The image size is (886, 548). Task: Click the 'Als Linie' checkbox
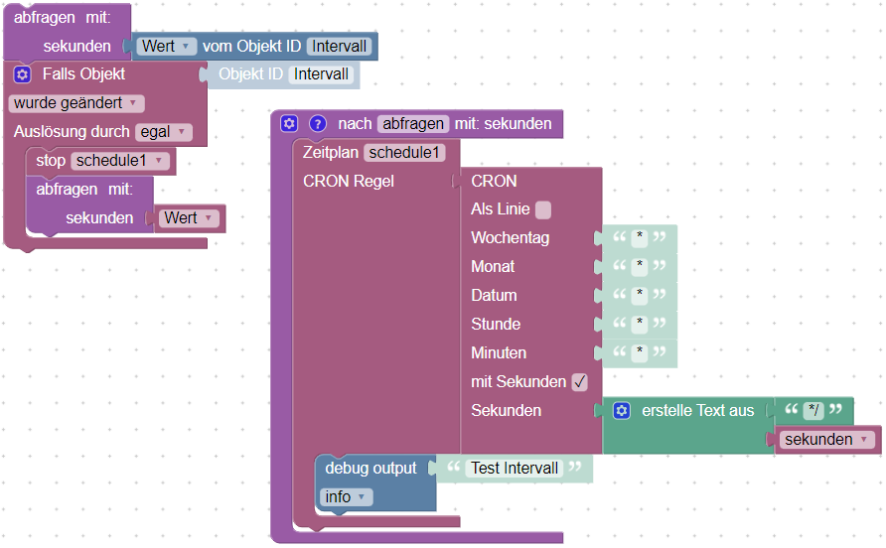tap(542, 209)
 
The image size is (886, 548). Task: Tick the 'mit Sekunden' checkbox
tap(580, 382)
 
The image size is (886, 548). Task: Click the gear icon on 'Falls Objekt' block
tap(23, 74)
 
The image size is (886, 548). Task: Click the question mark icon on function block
tap(318, 124)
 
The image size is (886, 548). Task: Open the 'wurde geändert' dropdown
tap(76, 103)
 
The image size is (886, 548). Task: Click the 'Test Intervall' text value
tap(514, 469)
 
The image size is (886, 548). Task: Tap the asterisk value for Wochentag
tap(641, 238)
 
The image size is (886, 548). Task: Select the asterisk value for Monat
tap(641, 267)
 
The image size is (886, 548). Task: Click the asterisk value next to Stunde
tap(641, 325)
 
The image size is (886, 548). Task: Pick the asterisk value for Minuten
tap(641, 353)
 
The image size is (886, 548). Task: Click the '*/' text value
tap(813, 411)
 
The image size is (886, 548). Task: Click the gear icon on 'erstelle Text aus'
tap(622, 411)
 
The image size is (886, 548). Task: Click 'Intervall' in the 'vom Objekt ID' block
tap(340, 47)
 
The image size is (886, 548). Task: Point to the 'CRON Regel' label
tap(348, 181)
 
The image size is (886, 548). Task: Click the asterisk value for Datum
tap(641, 296)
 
